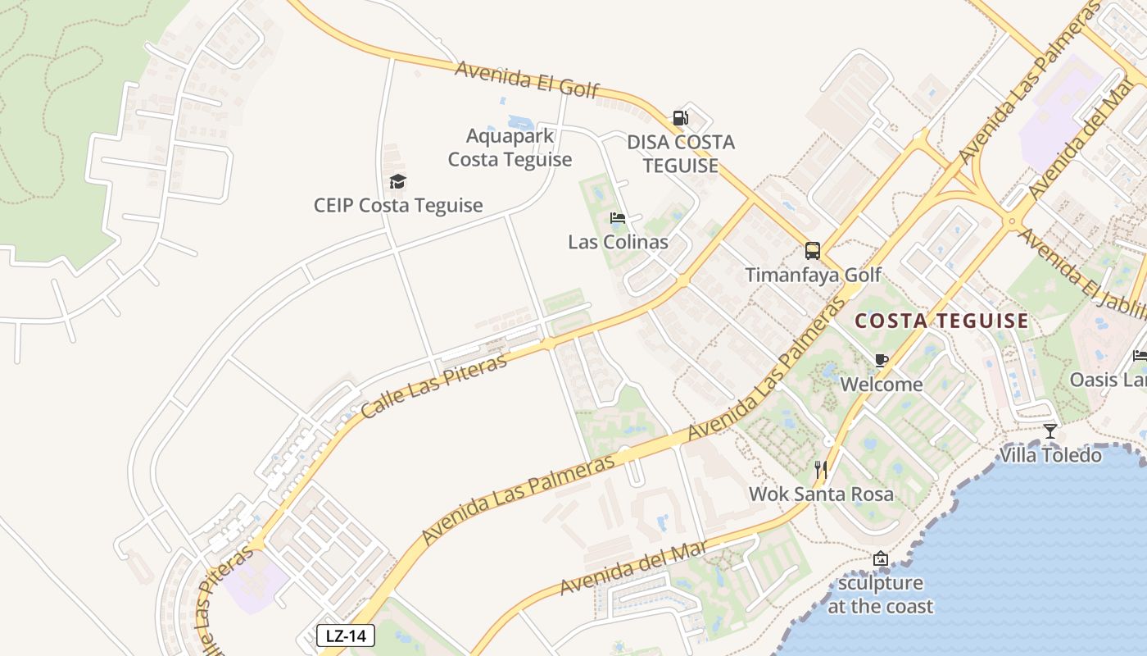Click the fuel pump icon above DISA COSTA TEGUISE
click(680, 118)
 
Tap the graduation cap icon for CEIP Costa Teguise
click(397, 182)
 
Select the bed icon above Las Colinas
click(618, 218)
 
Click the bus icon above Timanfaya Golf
click(813, 251)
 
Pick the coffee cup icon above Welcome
click(882, 360)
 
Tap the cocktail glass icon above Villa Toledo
click(1050, 430)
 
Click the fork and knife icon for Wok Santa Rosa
click(821, 470)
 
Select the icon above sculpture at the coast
click(881, 559)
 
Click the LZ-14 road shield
click(346, 635)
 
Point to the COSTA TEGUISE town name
click(941, 321)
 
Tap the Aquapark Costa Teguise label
click(510, 148)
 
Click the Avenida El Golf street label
click(528, 79)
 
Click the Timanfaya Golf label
click(814, 275)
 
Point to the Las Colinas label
click(618, 242)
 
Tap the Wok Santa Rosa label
click(821, 494)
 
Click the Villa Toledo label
click(1050, 454)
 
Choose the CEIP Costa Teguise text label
click(398, 205)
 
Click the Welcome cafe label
click(882, 384)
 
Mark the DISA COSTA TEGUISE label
click(681, 153)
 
